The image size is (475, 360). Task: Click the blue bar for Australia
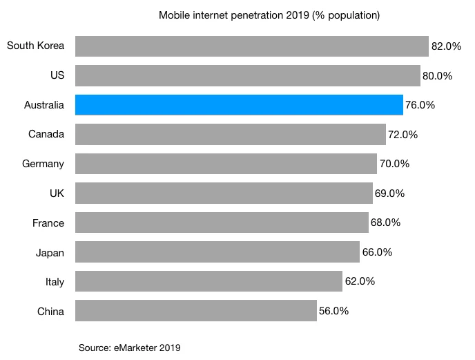pyautogui.click(x=239, y=105)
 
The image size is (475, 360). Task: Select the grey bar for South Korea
pyautogui.click(x=251, y=46)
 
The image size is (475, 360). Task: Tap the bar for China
pyautogui.click(x=195, y=311)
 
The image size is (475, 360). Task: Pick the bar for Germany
pyautogui.click(x=226, y=164)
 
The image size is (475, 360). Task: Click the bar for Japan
pyautogui.click(x=217, y=252)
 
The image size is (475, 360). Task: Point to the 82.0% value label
pyautogui.click(x=446, y=46)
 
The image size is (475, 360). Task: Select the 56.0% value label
pyautogui.click(x=333, y=311)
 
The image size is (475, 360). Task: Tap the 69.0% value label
pyautogui.click(x=389, y=193)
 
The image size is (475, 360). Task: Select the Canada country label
pyautogui.click(x=46, y=135)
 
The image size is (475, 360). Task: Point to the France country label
pyautogui.click(x=48, y=223)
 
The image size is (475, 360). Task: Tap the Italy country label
pyautogui.click(x=55, y=282)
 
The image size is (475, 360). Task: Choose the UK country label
pyautogui.click(x=56, y=193)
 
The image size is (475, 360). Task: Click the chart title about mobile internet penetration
pyautogui.click(x=269, y=15)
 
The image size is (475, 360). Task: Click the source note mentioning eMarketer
pyautogui.click(x=130, y=348)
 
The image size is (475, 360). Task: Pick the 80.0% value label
pyautogui.click(x=438, y=76)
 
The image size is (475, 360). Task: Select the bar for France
pyautogui.click(x=222, y=222)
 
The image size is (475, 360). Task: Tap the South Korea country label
pyautogui.click(x=35, y=46)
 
